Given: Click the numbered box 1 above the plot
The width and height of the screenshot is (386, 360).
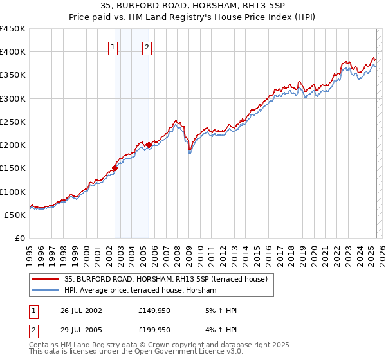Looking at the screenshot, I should [x=113, y=47].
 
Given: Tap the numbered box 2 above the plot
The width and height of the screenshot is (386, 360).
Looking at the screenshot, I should [x=147, y=47].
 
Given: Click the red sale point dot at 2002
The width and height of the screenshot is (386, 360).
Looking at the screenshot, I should [x=115, y=168].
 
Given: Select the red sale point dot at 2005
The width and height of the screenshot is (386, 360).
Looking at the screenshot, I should [x=149, y=145].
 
